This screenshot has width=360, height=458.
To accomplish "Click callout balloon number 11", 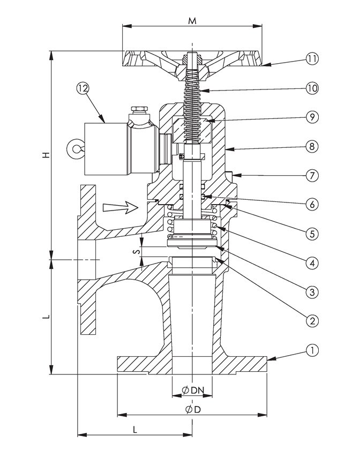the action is (x=312, y=59).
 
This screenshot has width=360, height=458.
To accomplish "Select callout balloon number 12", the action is (x=82, y=88).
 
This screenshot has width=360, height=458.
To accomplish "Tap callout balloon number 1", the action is (x=312, y=350).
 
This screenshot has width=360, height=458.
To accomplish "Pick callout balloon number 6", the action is (x=312, y=205).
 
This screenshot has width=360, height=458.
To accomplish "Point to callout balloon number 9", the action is (x=312, y=117).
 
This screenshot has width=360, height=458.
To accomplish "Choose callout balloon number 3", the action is (x=312, y=292).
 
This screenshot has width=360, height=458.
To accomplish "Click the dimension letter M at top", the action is (x=192, y=21).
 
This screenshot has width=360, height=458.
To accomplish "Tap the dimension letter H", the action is (x=46, y=155).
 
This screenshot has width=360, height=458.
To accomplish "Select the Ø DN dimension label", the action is (x=193, y=390).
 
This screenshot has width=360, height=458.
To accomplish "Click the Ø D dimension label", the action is (x=193, y=409).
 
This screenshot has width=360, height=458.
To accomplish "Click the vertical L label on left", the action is (x=46, y=317).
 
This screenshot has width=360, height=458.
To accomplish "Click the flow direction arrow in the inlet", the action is (x=121, y=207).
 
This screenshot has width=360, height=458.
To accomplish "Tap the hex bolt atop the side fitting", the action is (x=139, y=109).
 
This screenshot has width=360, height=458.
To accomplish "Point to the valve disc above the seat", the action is (x=192, y=243).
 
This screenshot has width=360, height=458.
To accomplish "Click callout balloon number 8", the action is (x=312, y=146).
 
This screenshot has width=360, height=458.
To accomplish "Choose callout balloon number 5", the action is (x=312, y=234).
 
